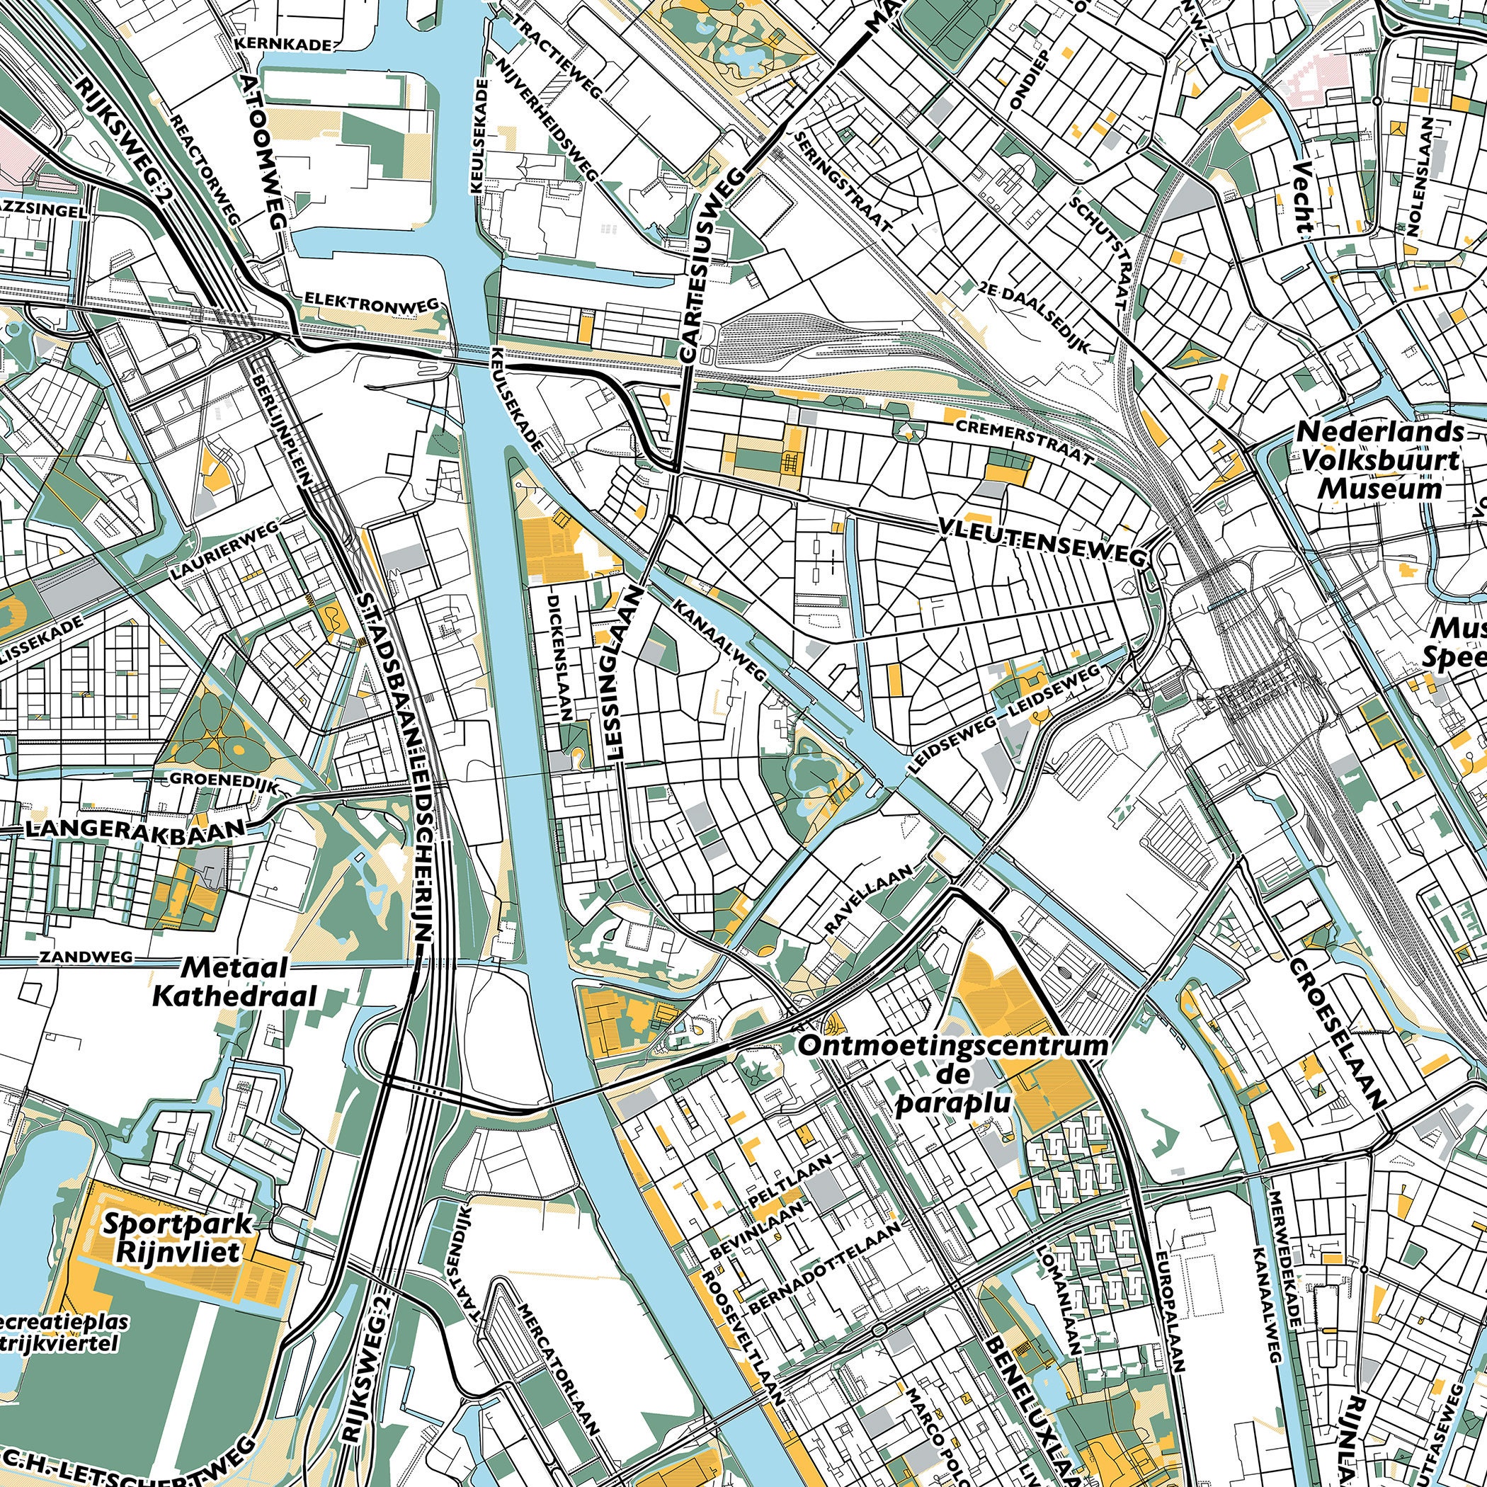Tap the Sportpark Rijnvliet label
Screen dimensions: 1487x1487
pyautogui.click(x=177, y=1237)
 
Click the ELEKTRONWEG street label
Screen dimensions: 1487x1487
pyautogui.click(x=371, y=302)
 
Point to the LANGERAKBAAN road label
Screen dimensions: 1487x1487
pyautogui.click(x=137, y=828)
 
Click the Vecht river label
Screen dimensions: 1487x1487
pyautogui.click(x=1301, y=198)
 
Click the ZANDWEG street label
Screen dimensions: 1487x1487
pyautogui.click(x=86, y=957)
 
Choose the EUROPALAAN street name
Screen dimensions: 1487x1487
pyautogui.click(x=1168, y=1309)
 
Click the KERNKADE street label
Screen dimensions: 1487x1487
pyautogui.click(x=283, y=44)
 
